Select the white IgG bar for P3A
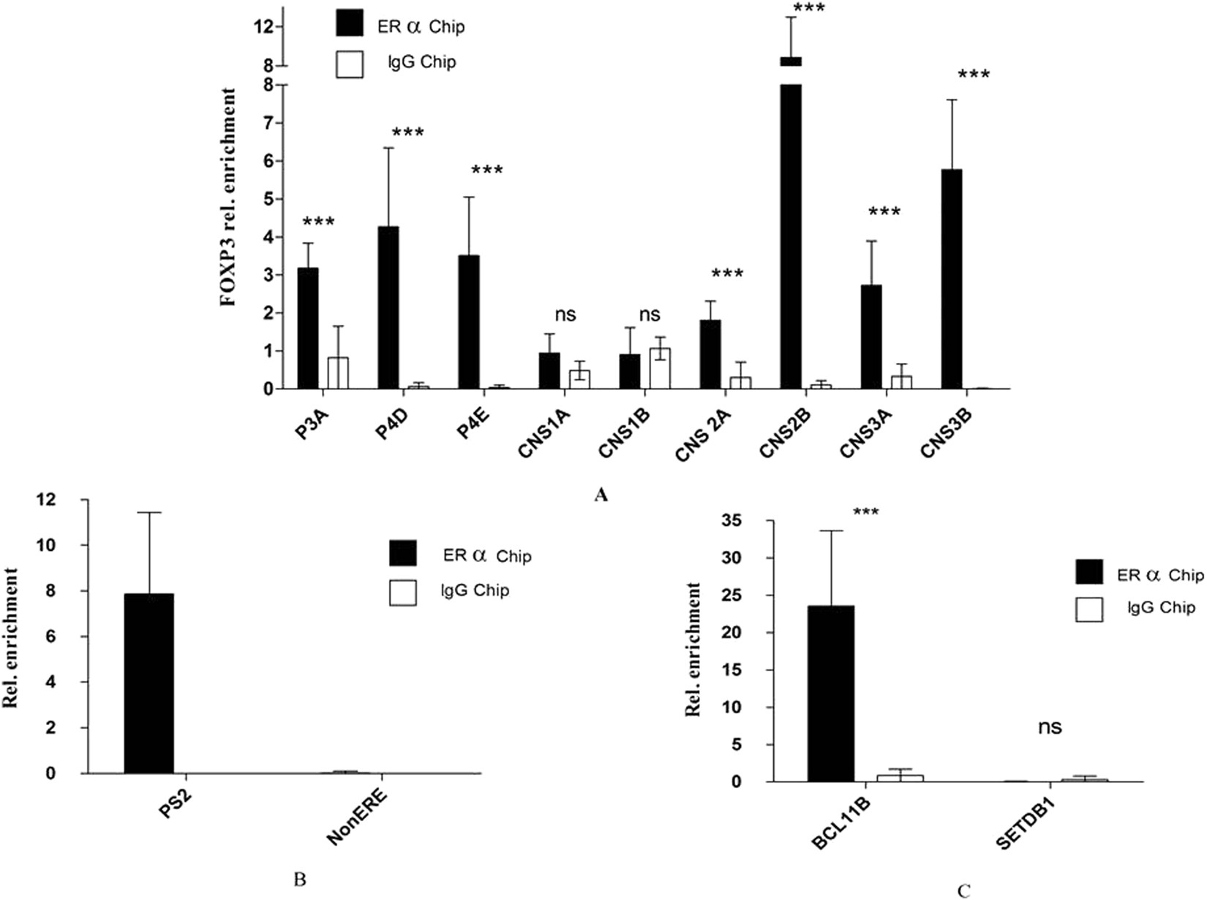[338, 373]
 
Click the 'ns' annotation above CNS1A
[565, 315]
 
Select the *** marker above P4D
[407, 133]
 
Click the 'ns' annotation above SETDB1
[1050, 727]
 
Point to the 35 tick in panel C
[732, 521]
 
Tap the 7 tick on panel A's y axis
[268, 123]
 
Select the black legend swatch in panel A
[349, 25]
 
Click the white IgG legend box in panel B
[403, 592]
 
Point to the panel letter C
[963, 890]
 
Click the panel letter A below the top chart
[601, 495]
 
